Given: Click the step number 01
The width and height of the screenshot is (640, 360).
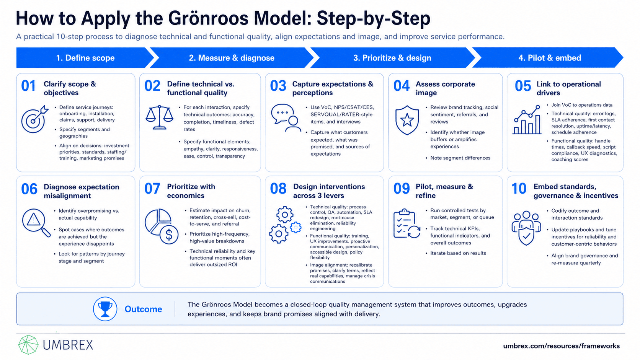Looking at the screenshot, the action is point(28,86).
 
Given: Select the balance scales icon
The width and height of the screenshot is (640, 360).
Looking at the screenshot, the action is point(160,117).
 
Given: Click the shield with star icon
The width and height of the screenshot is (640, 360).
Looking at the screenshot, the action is point(407,120).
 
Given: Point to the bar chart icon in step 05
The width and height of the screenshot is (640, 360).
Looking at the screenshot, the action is point(527,120).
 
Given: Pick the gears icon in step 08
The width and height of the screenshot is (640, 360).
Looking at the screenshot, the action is point(285,225).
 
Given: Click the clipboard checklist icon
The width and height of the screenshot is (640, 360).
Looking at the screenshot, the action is point(407,223).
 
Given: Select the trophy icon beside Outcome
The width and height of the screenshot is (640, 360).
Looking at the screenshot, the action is point(105,309).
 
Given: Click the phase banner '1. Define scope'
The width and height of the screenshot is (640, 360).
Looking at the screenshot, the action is point(85,58).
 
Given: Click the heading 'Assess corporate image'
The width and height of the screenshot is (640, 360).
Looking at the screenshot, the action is point(445,88).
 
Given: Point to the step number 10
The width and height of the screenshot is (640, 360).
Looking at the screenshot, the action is point(519,189).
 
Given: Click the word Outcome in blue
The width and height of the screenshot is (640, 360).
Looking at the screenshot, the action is point(143,309).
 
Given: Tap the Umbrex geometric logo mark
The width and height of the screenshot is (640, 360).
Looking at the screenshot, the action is point(28,345).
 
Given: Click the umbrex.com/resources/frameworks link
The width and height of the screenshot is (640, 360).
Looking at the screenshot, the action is point(562,346).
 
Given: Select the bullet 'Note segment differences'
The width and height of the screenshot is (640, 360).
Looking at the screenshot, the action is point(460,158).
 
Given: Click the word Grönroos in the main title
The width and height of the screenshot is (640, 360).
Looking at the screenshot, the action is point(208,18).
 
